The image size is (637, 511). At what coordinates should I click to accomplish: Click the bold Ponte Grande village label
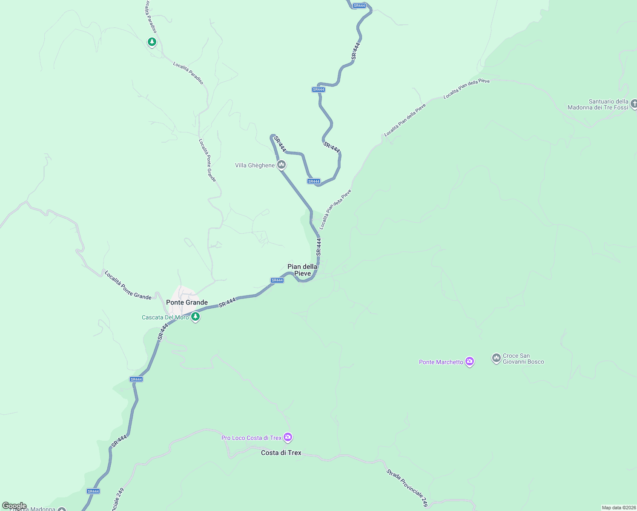pos(187,302)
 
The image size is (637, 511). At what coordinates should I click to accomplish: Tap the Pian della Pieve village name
pos(302,270)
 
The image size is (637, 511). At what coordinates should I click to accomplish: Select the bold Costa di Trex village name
pos(281,453)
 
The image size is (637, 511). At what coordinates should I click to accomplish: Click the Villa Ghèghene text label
pos(255,165)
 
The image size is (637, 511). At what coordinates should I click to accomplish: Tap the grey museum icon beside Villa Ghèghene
pos(281,164)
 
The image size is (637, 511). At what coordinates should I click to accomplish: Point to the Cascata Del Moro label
pos(165,317)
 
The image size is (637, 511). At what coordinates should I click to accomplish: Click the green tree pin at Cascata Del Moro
pos(195,316)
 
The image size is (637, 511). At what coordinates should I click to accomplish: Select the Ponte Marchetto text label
pos(441,362)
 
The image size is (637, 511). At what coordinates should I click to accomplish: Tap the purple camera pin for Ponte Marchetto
pos(470,362)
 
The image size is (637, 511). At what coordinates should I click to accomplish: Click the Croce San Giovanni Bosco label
pos(523,359)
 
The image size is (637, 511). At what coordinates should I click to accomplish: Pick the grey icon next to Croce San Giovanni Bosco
pos(496,358)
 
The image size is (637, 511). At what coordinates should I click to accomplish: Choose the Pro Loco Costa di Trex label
pos(251,438)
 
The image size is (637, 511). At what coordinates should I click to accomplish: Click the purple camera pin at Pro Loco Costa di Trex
pos(288,437)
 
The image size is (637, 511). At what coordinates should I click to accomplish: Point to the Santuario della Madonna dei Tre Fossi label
pos(598,104)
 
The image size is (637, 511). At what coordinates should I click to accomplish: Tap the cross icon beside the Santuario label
pos(634,104)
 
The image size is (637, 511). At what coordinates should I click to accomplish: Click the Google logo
pos(14,506)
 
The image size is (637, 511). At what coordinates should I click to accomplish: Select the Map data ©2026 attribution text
pos(618,508)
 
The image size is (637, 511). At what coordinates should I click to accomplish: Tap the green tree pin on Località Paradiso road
pos(152,42)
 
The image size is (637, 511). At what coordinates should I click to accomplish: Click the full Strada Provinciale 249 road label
pos(407,488)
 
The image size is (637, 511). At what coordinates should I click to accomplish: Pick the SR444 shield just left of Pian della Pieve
pos(277,280)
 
